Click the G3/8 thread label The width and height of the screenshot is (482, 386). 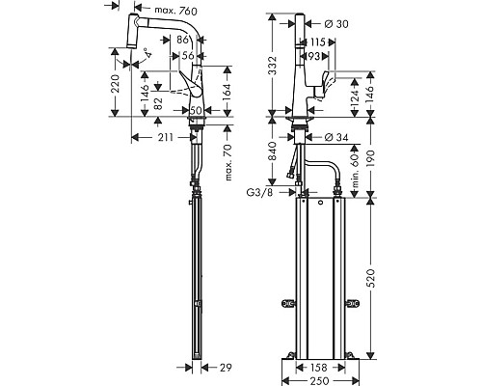tap(257, 193)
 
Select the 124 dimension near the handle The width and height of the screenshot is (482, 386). tap(356, 97)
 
